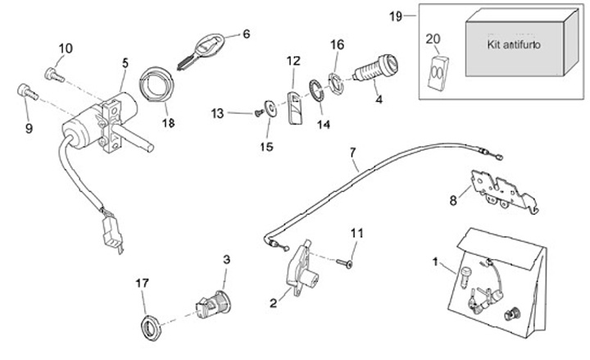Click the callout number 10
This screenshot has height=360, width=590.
point(66,48)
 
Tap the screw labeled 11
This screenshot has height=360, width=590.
point(347,262)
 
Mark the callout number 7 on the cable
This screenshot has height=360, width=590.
point(353,153)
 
